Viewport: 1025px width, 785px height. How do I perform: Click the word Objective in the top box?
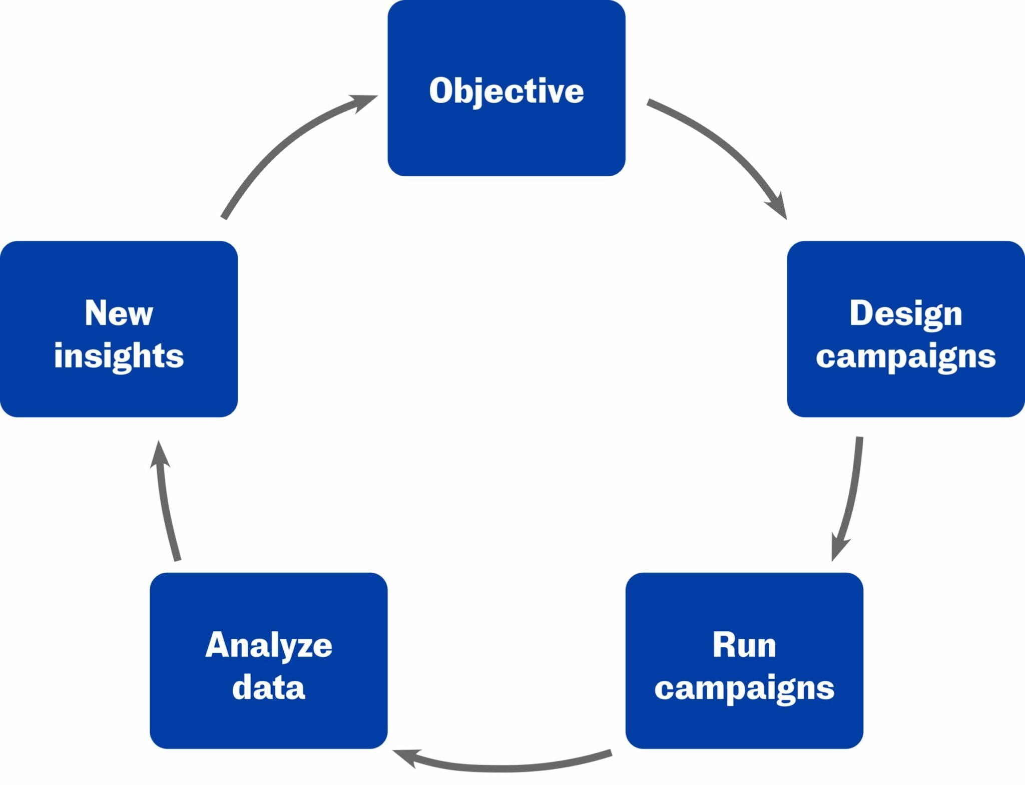click(x=506, y=91)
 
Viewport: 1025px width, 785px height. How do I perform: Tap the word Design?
click(x=905, y=314)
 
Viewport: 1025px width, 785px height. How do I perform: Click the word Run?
click(x=744, y=645)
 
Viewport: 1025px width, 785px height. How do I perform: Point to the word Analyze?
click(x=269, y=645)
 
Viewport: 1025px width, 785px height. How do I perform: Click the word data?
click(x=269, y=687)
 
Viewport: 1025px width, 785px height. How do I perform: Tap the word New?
click(x=119, y=313)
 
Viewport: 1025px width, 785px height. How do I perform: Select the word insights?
click(x=119, y=356)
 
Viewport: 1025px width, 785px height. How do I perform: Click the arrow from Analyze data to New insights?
click(x=167, y=506)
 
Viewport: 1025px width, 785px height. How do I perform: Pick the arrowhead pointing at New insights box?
click(x=160, y=456)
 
